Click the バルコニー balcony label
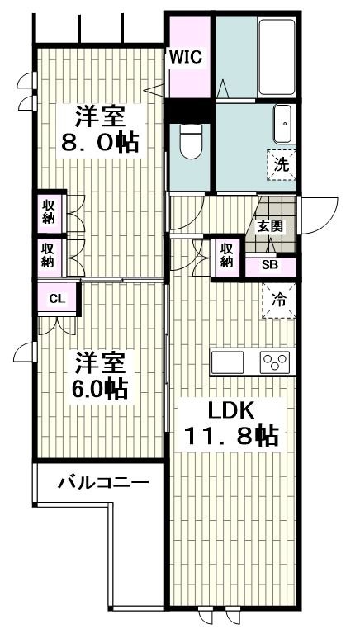coord(102,483)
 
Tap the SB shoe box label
coord(270,265)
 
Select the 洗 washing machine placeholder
coord(282,163)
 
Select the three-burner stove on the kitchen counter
coord(275,362)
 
